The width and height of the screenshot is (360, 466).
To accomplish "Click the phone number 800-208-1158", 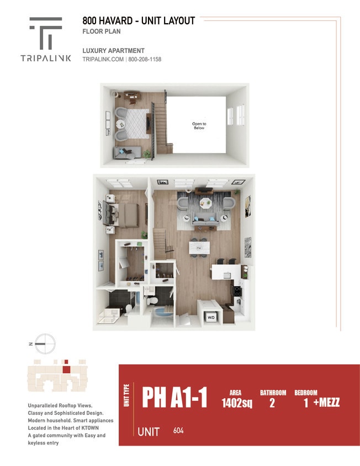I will [x=145, y=60].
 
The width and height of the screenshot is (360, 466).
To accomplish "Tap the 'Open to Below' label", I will [x=199, y=126].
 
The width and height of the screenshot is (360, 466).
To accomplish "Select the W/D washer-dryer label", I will [x=211, y=317].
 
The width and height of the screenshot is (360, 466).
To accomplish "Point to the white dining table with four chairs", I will [x=199, y=247].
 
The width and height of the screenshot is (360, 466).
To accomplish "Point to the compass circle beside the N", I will [x=45, y=343].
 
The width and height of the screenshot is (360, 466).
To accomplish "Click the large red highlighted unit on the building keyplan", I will [x=66, y=369].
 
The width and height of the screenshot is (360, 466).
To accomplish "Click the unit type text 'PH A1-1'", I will [x=174, y=397].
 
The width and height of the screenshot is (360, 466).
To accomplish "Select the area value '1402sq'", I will [x=236, y=403].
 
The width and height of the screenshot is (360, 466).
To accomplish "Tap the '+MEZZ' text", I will [x=326, y=403].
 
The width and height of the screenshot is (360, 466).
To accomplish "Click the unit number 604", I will [x=178, y=431].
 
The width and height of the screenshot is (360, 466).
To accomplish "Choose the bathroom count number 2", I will [x=272, y=403].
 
